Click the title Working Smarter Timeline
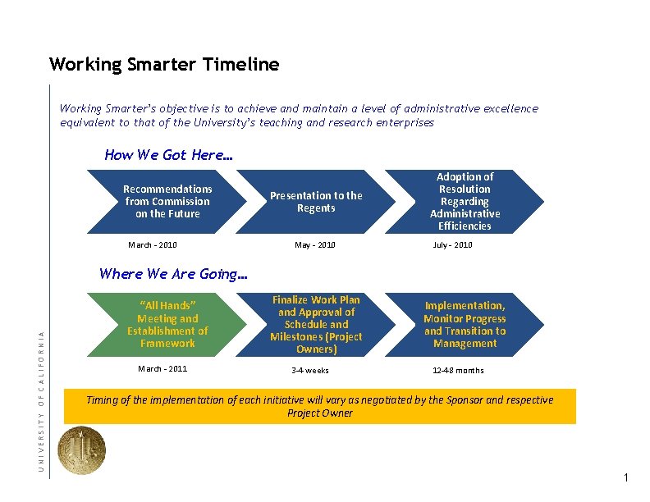[164, 64]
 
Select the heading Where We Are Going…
[173, 274]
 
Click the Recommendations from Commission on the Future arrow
[167, 201]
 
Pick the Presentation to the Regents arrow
[316, 202]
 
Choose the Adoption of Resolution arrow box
[465, 202]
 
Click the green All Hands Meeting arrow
[167, 325]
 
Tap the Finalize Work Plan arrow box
[316, 325]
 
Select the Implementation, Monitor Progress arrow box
[465, 325]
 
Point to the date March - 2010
[153, 244]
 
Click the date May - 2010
[316, 244]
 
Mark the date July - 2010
[453, 244]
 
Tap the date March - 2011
[162, 368]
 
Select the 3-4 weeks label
[310, 370]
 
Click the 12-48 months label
[459, 370]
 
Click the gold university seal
[82, 450]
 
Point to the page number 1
[625, 477]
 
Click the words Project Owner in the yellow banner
[320, 413]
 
